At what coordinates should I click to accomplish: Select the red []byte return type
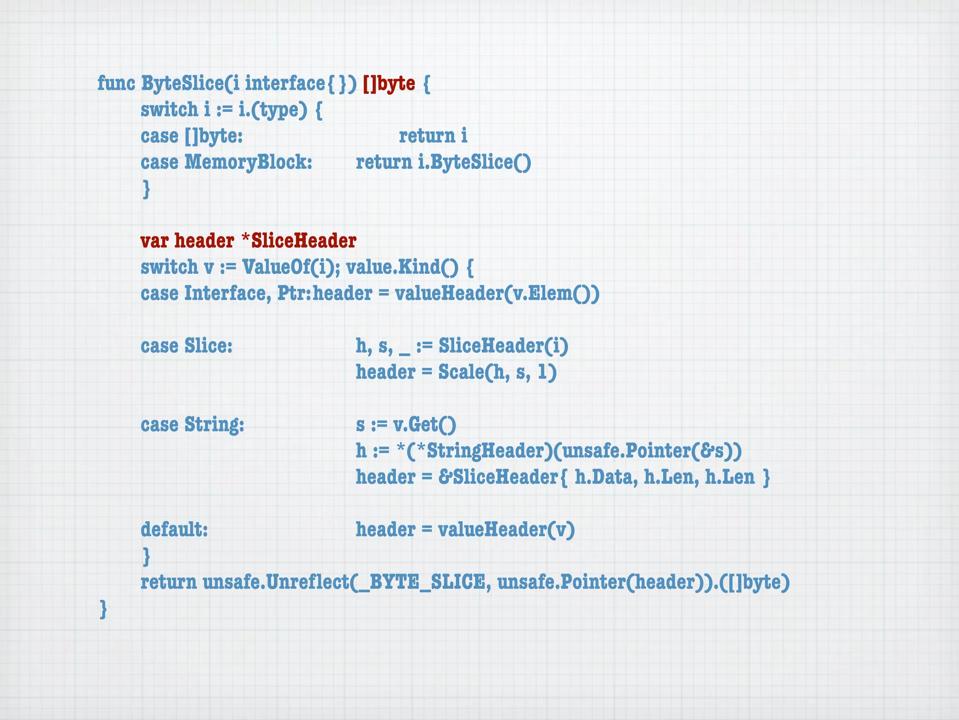[x=389, y=83]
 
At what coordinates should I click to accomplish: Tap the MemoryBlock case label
[x=248, y=162]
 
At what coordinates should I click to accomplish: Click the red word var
[x=154, y=241]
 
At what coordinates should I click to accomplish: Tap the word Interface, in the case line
[x=228, y=293]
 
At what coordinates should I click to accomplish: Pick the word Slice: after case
[x=208, y=346]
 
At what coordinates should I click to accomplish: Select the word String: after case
[x=214, y=425]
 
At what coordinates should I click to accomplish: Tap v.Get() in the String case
[x=424, y=425]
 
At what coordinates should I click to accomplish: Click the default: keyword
[x=174, y=530]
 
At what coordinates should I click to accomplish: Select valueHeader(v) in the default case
[x=506, y=530]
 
